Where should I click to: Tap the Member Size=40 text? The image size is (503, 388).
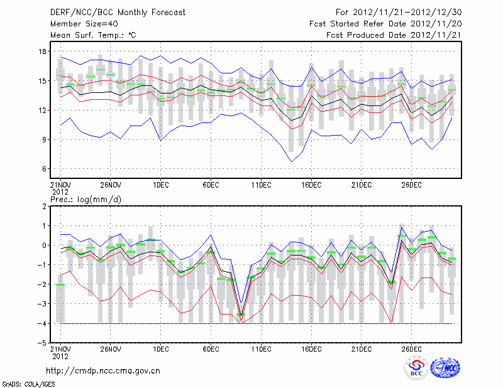click(x=80, y=24)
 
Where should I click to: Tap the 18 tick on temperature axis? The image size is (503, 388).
click(x=42, y=51)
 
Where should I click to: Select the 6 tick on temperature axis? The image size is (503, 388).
click(x=44, y=169)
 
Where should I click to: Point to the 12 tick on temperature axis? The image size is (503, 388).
click(x=42, y=110)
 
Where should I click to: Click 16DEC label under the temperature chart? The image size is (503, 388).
click(x=311, y=185)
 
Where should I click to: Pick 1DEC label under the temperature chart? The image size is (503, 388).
click(x=160, y=185)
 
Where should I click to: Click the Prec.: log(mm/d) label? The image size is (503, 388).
click(x=86, y=199)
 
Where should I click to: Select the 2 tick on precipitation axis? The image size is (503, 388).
click(x=44, y=206)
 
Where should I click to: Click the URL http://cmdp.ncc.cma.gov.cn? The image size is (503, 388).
click(x=103, y=370)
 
